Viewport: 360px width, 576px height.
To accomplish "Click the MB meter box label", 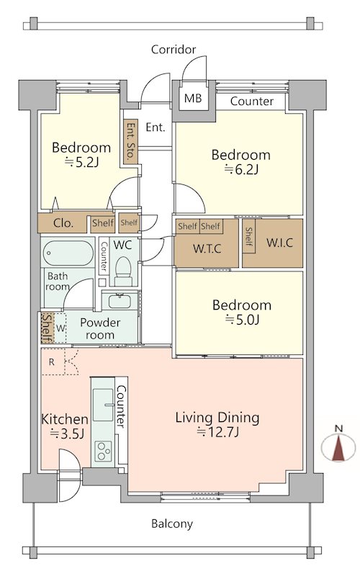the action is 193,98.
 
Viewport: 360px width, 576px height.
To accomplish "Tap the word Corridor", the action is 174,49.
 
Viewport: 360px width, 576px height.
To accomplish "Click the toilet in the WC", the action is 123,271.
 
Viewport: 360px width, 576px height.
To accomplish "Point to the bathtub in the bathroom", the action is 68,253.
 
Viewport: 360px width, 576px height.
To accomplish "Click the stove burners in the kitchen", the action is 103,451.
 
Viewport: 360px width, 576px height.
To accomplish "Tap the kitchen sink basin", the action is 103,405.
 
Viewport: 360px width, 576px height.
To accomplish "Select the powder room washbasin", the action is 120,301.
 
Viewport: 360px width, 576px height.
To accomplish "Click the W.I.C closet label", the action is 279,243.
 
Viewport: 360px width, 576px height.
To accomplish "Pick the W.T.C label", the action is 207,248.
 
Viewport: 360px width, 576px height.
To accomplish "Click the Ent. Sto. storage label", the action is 130,140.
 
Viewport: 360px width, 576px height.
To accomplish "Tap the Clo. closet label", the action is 63,223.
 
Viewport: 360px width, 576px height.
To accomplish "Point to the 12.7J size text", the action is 218,432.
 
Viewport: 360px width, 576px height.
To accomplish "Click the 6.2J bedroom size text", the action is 241,169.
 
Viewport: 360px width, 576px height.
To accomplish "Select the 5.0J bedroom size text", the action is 242,320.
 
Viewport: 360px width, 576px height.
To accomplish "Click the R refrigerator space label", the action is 51,362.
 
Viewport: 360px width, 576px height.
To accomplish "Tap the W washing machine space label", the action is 60,328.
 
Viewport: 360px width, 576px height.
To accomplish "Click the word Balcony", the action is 172,523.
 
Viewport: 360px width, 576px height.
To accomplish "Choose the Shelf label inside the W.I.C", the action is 248,236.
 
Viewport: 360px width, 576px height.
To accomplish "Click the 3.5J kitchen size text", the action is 68,434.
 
